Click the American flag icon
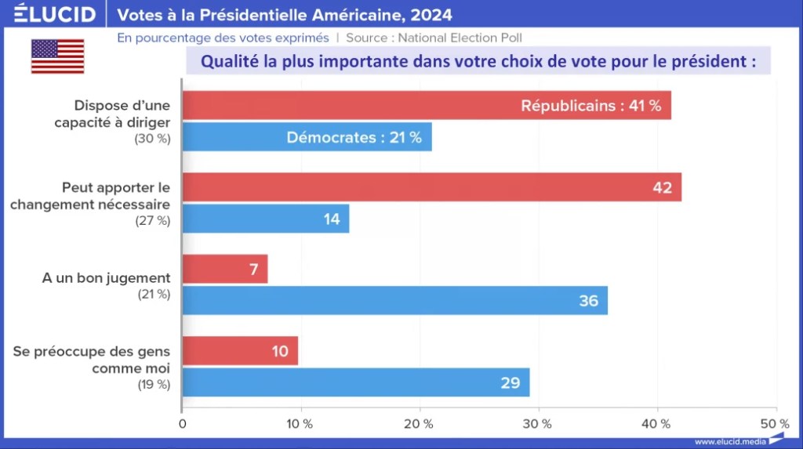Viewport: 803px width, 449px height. point(57,56)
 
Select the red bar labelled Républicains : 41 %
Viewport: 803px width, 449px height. point(427,105)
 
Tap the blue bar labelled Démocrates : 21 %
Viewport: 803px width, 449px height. point(307,137)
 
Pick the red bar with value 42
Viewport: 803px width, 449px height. point(432,187)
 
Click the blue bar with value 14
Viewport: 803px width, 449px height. point(266,219)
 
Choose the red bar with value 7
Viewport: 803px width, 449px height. point(225,269)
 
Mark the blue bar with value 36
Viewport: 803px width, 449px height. point(395,300)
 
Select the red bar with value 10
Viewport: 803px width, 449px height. point(240,350)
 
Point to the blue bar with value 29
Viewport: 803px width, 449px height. point(356,382)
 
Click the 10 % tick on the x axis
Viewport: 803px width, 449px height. point(300,424)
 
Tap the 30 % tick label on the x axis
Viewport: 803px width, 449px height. point(537,424)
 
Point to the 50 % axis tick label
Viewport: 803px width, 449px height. point(775,424)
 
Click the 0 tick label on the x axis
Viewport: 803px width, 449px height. point(183,424)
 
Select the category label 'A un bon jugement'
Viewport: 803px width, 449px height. point(106,278)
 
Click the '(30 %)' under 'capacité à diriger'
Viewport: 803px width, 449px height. point(153,139)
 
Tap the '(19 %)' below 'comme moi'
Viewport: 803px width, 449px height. point(153,384)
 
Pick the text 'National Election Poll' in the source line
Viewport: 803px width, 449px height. point(460,37)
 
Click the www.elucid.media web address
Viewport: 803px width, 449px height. point(731,441)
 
